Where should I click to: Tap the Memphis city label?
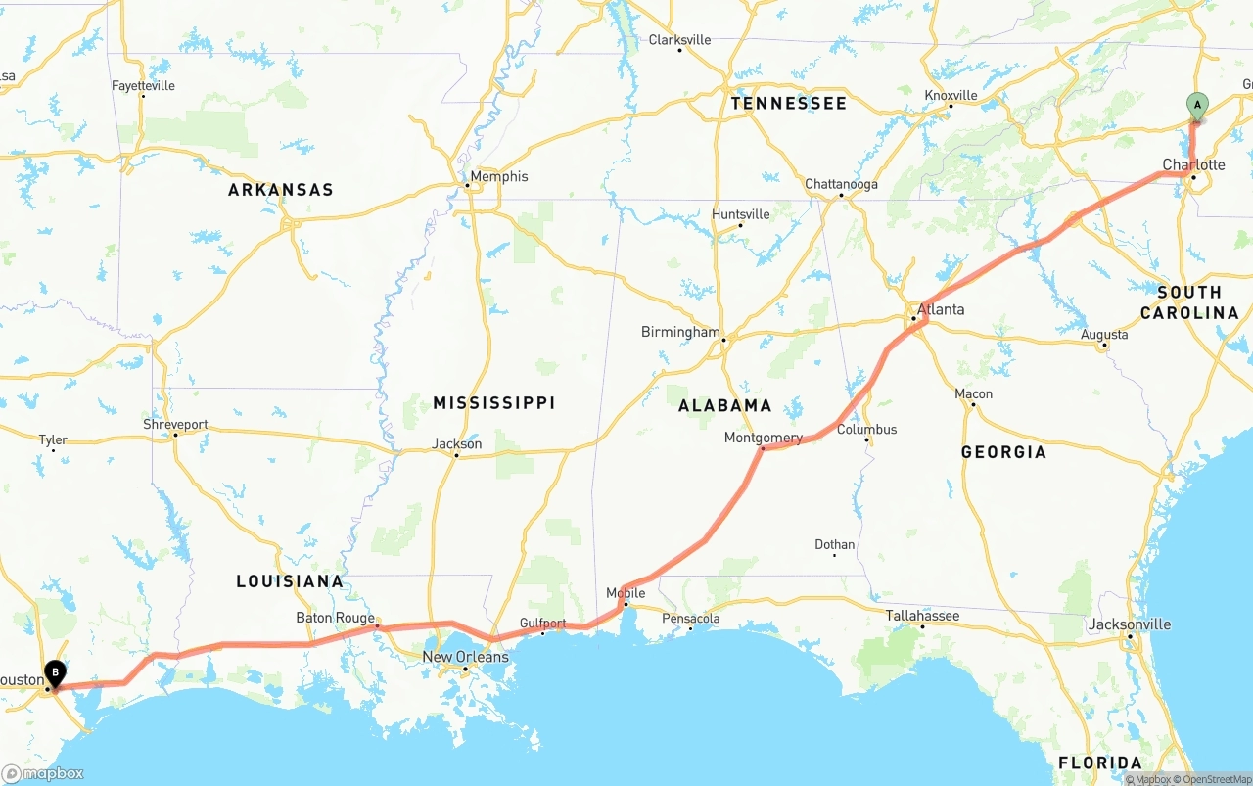click(x=498, y=176)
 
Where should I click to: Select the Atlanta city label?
click(x=940, y=309)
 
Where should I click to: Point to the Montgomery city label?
click(x=763, y=438)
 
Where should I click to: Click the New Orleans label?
click(x=466, y=657)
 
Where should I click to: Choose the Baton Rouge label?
click(x=336, y=618)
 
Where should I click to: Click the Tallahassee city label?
click(x=922, y=615)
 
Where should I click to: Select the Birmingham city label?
click(x=680, y=332)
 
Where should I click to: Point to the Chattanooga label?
click(x=841, y=184)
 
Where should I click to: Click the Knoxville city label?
click(x=951, y=95)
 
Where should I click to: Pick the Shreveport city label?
click(x=176, y=425)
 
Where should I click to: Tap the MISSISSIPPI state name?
click(x=493, y=403)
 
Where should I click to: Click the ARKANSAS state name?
click(x=281, y=190)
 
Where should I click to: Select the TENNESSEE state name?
click(x=788, y=103)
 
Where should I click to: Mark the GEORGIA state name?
click(x=1003, y=452)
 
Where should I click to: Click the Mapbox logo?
click(x=43, y=774)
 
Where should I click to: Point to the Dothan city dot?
click(x=834, y=556)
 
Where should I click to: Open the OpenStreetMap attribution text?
click(x=1217, y=780)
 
